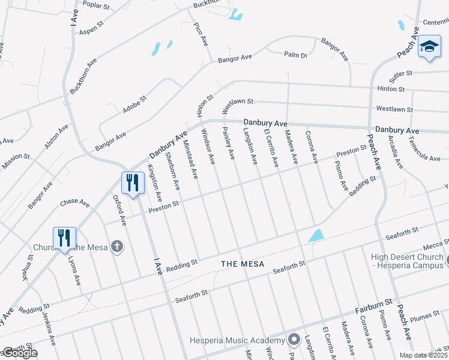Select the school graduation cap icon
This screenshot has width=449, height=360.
click(x=429, y=47)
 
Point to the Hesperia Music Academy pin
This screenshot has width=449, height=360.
click(x=294, y=340)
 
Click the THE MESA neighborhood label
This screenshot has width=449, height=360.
click(x=243, y=264)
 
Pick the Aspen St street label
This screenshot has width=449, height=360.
click(x=92, y=28)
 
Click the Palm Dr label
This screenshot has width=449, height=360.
click(x=295, y=55)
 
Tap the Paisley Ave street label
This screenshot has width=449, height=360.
click(x=229, y=143)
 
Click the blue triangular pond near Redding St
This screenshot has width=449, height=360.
click(x=316, y=235)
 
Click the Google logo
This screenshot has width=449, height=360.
click(x=19, y=353)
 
